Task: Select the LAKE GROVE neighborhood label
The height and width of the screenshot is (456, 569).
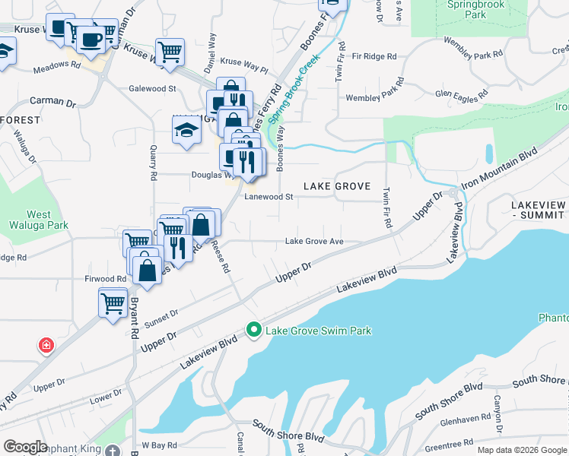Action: coord(337,186)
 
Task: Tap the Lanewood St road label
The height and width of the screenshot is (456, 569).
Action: coord(269,197)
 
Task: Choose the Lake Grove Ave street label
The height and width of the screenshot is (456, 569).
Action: coord(314,242)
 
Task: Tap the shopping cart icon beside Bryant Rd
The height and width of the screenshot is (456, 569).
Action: coord(113,304)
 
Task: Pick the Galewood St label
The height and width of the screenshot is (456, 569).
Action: coord(152,89)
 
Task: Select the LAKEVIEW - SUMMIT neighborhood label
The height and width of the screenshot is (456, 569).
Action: coord(538,211)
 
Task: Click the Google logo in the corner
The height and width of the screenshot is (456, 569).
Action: coord(25,447)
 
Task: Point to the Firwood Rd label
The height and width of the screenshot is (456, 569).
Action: coord(105,279)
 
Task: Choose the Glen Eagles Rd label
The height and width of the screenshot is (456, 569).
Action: coord(461,96)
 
